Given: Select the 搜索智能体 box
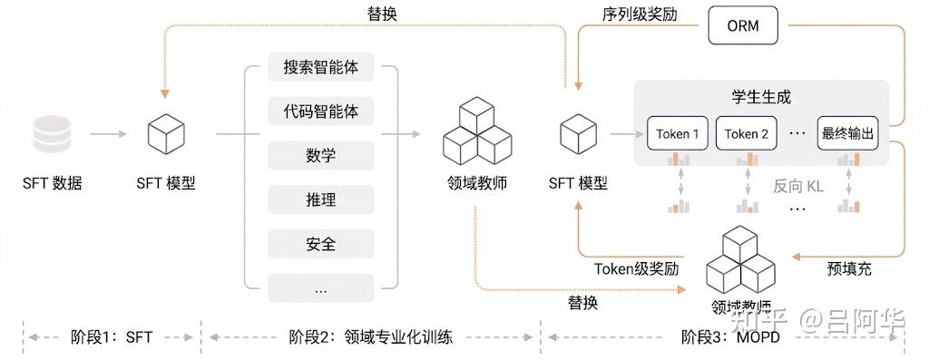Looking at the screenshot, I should point(321,68).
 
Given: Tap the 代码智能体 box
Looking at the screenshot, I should point(321,112).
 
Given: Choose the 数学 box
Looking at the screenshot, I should point(321,155).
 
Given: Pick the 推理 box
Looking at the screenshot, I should point(321,199).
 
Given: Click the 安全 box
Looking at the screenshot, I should point(321,243).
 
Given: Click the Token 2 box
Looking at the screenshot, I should point(747,134).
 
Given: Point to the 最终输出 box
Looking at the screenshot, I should point(848,134).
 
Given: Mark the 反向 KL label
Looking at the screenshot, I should point(798,187).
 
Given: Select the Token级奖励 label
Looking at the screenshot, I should point(636,268).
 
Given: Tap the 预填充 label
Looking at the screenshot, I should point(850,269).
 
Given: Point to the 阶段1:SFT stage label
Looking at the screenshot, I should point(112,337).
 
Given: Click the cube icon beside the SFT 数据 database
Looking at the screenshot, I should point(166,135).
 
